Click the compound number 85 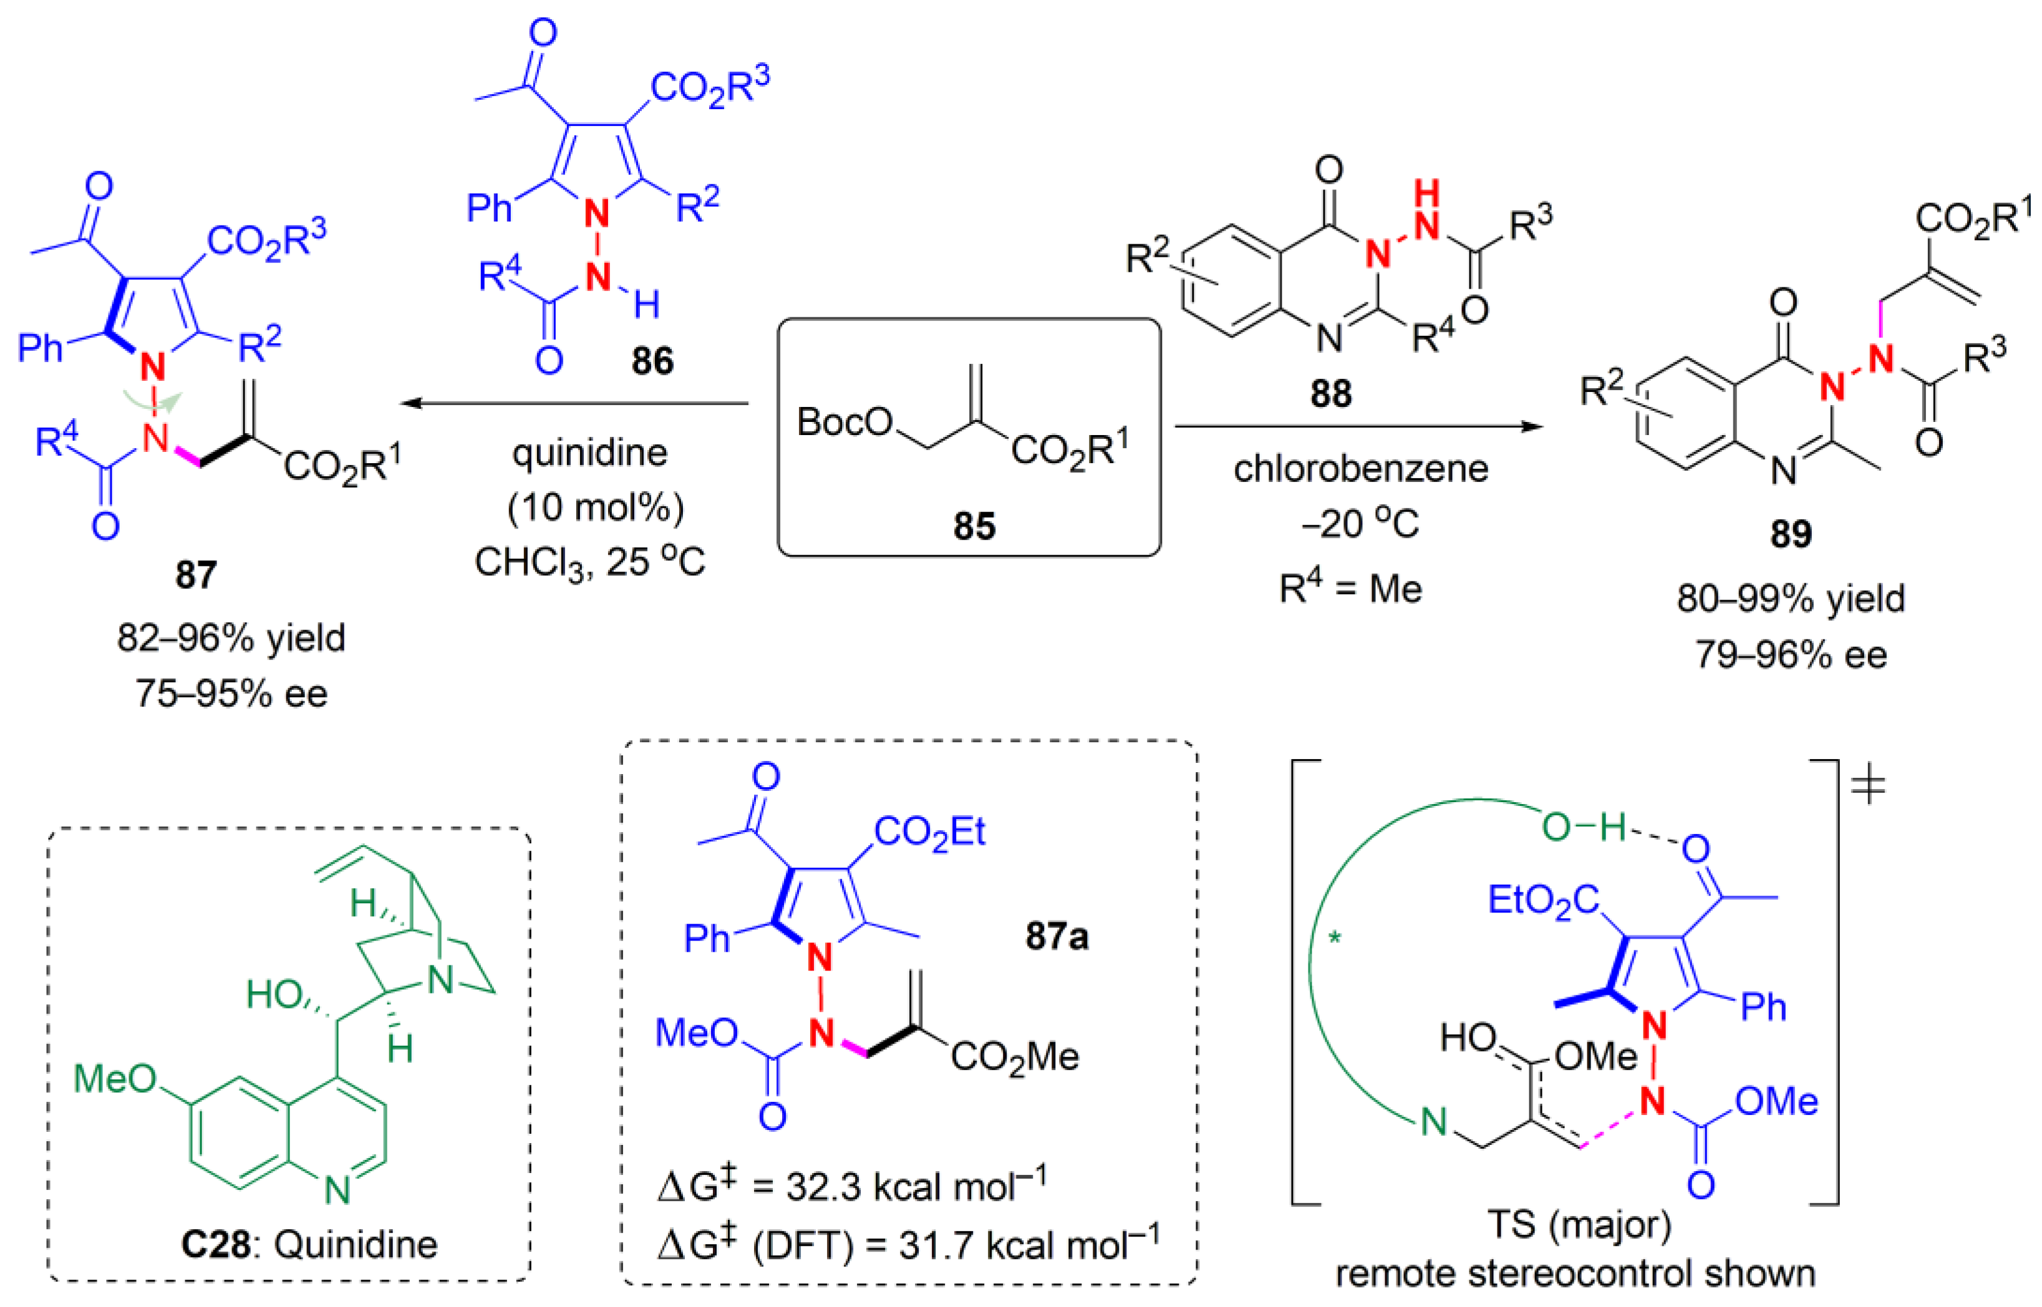[973, 525]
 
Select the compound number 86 [652, 361]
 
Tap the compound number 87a [1056, 936]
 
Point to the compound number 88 [1330, 393]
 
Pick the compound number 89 [1791, 533]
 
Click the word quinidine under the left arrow [589, 452]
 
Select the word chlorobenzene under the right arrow [1360, 469]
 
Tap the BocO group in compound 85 [845, 422]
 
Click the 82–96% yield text [231, 638]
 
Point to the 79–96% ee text [1791, 655]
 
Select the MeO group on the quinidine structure [115, 1079]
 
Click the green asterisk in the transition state [1335, 939]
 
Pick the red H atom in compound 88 [1426, 193]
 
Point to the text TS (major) [1579, 1224]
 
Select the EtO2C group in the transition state [1543, 899]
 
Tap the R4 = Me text [1350, 588]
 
